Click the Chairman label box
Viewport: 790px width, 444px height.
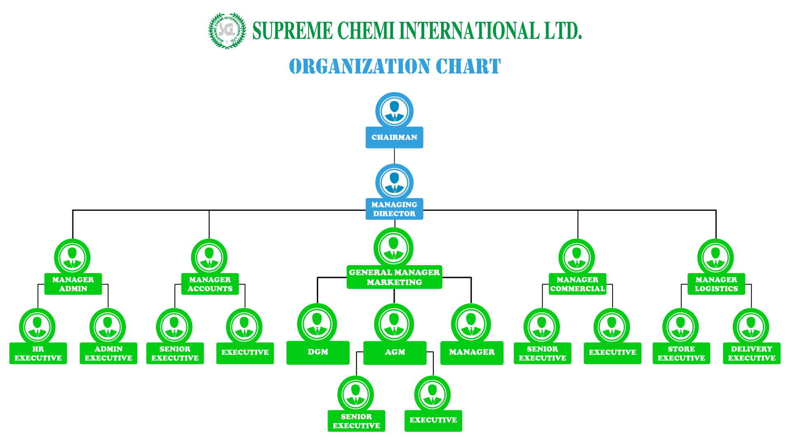(x=394, y=137)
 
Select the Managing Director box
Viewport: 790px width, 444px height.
(x=394, y=209)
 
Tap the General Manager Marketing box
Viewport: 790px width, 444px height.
(x=394, y=277)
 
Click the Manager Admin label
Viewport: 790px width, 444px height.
(x=73, y=284)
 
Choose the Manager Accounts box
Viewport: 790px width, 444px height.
(x=210, y=284)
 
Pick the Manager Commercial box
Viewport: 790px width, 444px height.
(x=578, y=284)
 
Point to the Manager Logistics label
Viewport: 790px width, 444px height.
(x=716, y=284)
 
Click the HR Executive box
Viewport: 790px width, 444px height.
(x=38, y=353)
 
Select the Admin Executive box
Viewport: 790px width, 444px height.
(x=109, y=353)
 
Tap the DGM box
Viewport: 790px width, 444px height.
(x=318, y=353)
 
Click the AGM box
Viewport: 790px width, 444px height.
(x=395, y=353)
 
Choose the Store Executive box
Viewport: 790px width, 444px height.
(x=681, y=353)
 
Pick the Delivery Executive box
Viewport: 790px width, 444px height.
(x=752, y=353)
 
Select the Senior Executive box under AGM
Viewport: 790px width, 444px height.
(x=356, y=421)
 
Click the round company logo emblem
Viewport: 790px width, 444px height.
(x=227, y=31)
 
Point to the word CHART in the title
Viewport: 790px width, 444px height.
(x=468, y=66)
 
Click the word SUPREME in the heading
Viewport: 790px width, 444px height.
(x=293, y=31)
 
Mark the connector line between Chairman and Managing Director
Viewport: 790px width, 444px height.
(x=394, y=156)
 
